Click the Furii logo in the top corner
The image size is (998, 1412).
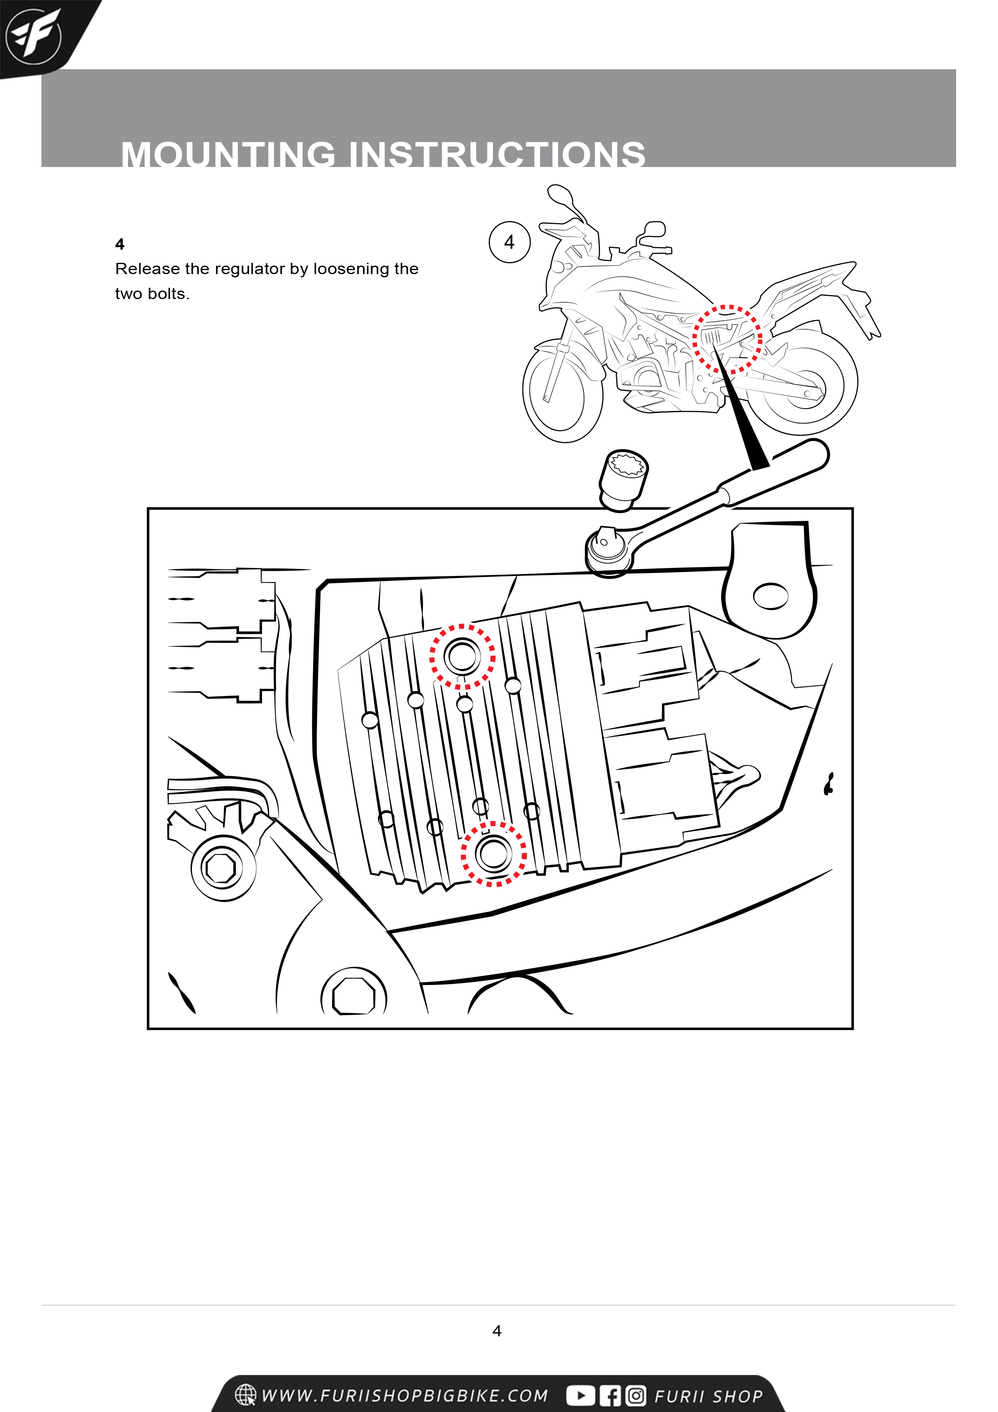[x=34, y=36]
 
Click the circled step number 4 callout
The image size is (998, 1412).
[x=509, y=242]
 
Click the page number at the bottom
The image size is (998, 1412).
[x=497, y=1331]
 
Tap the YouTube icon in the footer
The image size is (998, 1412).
[x=580, y=1395]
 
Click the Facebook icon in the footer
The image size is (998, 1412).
[x=610, y=1395]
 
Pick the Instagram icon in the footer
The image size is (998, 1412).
[x=636, y=1395]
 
